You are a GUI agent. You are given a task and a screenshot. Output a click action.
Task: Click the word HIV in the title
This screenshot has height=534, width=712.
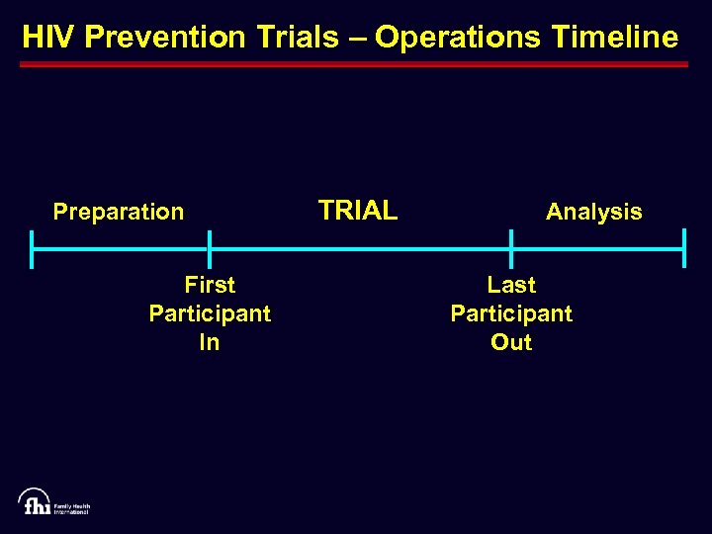point(49,38)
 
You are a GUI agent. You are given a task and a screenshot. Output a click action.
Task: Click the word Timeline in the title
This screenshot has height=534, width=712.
point(612,38)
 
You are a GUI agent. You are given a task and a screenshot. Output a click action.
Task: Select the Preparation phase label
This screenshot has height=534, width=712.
point(119,212)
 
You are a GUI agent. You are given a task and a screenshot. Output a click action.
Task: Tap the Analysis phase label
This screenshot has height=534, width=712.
point(593,212)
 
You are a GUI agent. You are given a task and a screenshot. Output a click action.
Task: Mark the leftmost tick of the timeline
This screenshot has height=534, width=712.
point(33,249)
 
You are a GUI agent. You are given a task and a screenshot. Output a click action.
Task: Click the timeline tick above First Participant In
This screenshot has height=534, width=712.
point(210,249)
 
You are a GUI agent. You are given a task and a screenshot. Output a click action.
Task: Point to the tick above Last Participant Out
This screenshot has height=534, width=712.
point(511,249)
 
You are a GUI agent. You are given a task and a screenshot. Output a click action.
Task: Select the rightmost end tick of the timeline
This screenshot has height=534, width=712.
point(683,249)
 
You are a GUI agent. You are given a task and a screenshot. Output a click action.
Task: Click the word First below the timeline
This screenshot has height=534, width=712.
point(210,285)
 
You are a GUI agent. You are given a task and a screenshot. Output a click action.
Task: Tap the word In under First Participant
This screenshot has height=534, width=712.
point(210,342)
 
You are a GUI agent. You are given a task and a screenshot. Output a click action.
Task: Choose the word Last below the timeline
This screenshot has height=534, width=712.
point(511,285)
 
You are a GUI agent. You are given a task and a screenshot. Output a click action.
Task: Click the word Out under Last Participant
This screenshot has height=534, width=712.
point(511,342)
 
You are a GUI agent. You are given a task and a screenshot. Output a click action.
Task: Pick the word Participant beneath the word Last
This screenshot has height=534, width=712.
point(511,313)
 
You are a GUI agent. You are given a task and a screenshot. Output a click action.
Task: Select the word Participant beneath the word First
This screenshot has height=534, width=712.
point(210,313)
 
